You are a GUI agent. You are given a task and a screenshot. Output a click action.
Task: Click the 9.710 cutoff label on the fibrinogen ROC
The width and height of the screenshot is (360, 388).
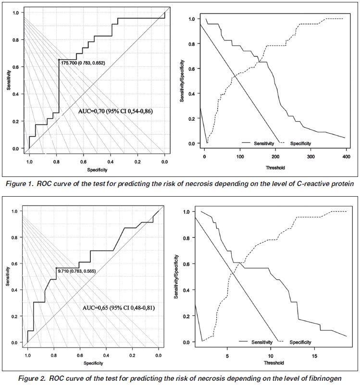[77, 272]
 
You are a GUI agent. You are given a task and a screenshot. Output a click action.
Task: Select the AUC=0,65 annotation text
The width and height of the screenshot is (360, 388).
[119, 307]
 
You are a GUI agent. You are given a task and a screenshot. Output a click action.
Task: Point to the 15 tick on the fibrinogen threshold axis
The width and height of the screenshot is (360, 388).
[314, 356]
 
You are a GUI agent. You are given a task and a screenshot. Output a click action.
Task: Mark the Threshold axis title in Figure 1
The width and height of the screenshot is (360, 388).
[275, 167]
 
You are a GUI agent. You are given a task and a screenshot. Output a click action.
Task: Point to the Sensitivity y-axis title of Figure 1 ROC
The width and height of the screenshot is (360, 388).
[9, 79]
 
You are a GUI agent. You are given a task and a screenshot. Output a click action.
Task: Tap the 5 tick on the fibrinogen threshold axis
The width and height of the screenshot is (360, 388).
[227, 356]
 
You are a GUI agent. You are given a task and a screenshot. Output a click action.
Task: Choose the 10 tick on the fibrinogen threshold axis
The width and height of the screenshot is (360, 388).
[270, 356]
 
